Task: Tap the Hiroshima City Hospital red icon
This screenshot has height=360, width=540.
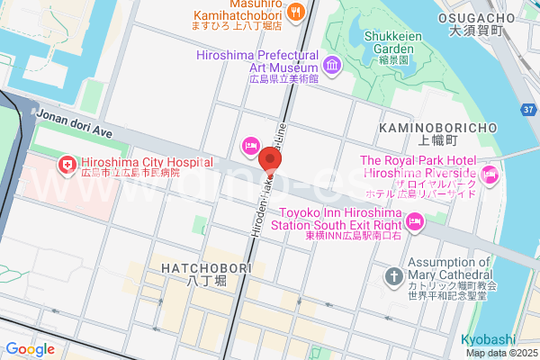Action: [x=66, y=164]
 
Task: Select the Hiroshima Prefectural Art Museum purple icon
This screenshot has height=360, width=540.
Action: [x=332, y=65]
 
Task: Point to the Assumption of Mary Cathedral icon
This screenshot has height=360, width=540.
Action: [x=393, y=275]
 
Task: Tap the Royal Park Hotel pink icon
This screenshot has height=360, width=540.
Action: [x=490, y=174]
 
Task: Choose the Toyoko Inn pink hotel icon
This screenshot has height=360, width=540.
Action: [x=415, y=220]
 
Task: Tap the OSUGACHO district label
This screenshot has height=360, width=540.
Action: [x=479, y=18]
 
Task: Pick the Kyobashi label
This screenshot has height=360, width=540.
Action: [x=488, y=338]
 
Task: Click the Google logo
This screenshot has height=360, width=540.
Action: [x=30, y=349]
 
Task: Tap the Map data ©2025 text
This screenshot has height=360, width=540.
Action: [x=499, y=352]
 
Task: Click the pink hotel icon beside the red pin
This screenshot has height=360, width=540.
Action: [x=251, y=145]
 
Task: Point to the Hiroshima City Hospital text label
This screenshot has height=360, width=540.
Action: [x=147, y=163]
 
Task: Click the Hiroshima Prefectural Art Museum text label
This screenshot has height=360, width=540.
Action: [x=257, y=59]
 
